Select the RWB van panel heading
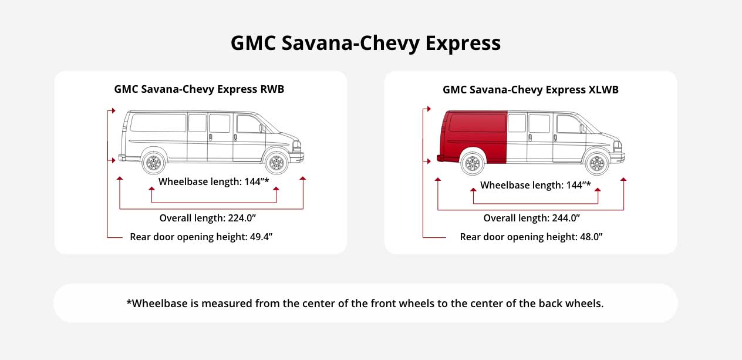[199, 89]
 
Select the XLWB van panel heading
[530, 90]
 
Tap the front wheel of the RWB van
[277, 163]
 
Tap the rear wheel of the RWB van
[153, 163]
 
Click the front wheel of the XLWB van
[597, 163]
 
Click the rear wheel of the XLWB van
[473, 163]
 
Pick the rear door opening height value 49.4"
[261, 237]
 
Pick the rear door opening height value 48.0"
[591, 237]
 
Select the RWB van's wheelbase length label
[214, 181]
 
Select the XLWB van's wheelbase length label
[535, 185]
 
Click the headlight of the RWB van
[297, 146]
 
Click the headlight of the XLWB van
[617, 146]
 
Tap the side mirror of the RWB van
[262, 128]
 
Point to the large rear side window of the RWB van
[158, 123]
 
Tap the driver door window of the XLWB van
[569, 124]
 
